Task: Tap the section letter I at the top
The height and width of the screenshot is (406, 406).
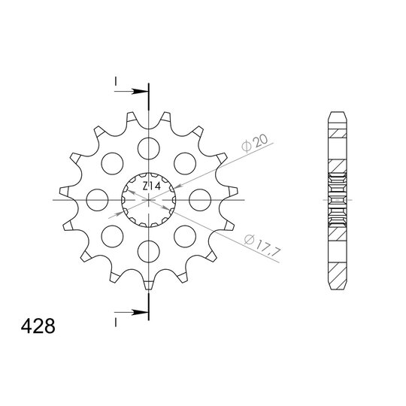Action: point(117,81)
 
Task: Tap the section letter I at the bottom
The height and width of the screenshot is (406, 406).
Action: point(117,322)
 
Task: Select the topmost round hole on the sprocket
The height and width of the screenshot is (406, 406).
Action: point(149,146)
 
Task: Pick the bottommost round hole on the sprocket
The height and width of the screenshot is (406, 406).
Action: point(149,251)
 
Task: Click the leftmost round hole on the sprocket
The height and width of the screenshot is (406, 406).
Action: point(96,199)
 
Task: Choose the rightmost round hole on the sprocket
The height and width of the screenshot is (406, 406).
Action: point(201,199)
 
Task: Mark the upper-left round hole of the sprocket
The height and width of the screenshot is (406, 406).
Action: point(112,162)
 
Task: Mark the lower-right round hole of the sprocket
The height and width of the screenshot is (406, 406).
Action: point(186,236)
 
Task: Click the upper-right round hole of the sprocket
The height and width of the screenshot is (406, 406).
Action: point(186,162)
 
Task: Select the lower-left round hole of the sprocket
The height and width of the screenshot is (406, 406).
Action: point(112,236)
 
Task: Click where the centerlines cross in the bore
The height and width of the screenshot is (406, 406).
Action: point(149,201)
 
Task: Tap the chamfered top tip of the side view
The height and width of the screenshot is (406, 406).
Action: point(337,117)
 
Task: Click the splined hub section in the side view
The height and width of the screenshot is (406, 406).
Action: point(337,201)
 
